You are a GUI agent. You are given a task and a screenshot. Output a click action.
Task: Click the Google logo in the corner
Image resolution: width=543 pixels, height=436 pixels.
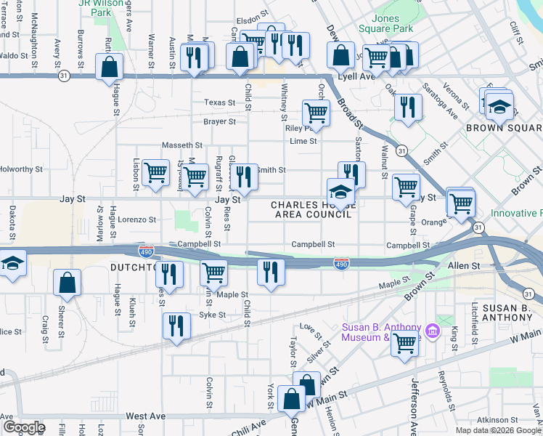(x=24, y=427)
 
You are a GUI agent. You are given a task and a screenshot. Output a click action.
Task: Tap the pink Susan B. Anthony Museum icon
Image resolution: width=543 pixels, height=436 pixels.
(x=433, y=331)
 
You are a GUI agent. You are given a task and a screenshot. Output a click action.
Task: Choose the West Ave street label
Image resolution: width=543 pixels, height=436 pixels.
(x=146, y=416)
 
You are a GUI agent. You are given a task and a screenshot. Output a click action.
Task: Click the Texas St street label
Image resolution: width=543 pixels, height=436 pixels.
(x=220, y=103)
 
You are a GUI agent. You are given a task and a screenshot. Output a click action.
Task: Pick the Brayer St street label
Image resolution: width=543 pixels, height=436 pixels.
(x=220, y=122)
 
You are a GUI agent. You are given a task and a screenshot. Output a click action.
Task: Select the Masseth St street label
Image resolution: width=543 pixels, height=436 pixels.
(x=181, y=145)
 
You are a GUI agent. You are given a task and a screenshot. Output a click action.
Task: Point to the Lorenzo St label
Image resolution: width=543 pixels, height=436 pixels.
(x=138, y=219)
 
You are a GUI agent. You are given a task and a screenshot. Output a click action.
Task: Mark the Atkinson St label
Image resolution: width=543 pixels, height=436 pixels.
(x=498, y=420)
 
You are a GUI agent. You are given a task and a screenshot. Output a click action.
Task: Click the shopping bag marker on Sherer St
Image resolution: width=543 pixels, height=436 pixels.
(x=67, y=283)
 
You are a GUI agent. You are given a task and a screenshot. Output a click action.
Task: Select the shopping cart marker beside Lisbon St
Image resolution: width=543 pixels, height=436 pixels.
(x=155, y=173)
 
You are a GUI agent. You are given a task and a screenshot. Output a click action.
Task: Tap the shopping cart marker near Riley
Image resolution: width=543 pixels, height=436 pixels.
(x=316, y=113)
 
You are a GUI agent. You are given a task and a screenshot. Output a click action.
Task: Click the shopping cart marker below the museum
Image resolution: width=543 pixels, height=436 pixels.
(x=404, y=343)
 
